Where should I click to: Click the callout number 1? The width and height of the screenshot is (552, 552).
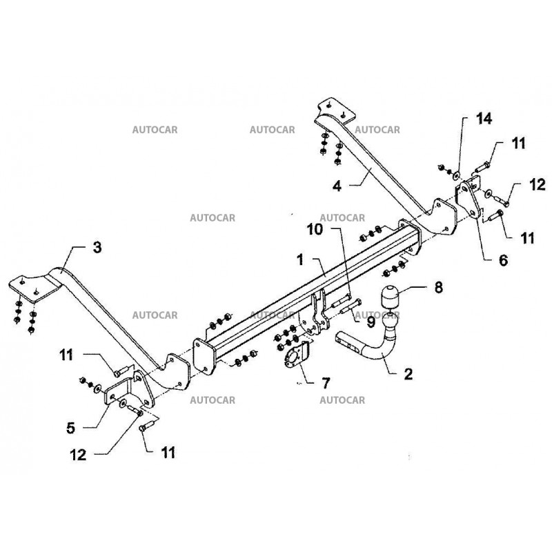tap(301, 261)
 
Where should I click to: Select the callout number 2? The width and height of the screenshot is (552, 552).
tap(408, 374)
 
